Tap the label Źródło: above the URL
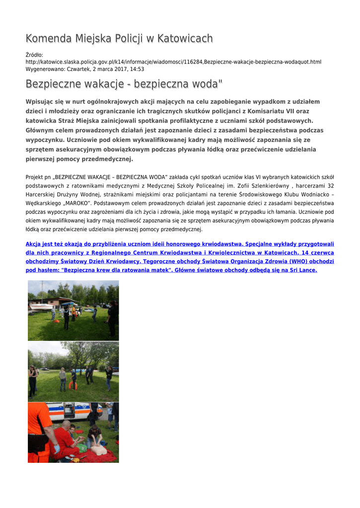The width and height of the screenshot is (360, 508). click(34, 55)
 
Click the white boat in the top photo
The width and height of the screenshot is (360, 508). click(41, 307)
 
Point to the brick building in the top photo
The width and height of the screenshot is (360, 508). click(60, 302)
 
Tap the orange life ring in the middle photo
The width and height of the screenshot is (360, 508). click(73, 385)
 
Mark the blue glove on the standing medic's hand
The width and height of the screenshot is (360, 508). click(57, 448)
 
